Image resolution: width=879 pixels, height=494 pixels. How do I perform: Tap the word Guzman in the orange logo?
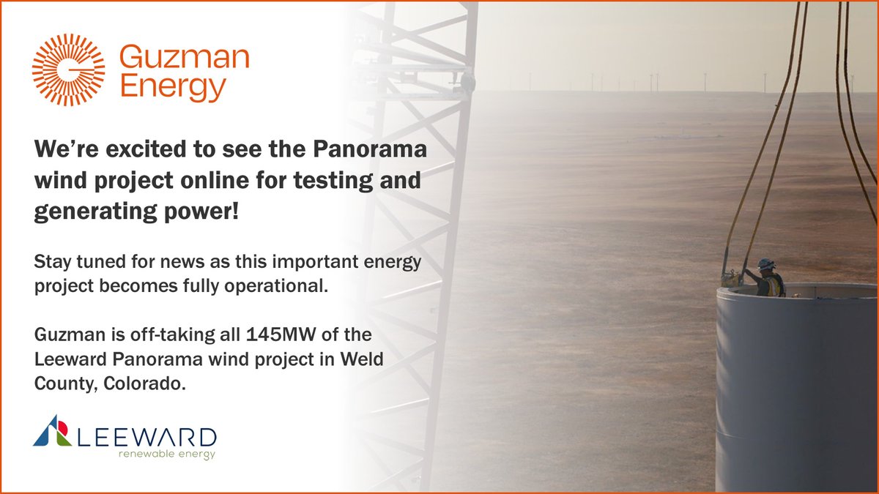(x=184, y=57)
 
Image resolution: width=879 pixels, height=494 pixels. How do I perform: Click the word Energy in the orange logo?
(x=172, y=88)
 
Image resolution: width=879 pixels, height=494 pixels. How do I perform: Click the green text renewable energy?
(x=162, y=454)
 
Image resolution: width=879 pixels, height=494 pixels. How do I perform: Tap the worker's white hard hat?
(x=766, y=263)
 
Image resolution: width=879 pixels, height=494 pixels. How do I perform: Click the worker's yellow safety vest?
(x=771, y=284)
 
